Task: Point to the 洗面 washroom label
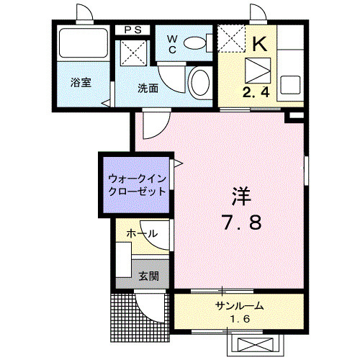(x=148, y=88)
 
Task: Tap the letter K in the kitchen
(x=258, y=42)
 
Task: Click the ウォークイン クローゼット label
(x=137, y=186)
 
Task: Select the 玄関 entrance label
(x=149, y=275)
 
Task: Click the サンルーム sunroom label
(x=239, y=306)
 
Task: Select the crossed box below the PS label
(x=132, y=53)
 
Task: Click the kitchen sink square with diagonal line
(x=257, y=71)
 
